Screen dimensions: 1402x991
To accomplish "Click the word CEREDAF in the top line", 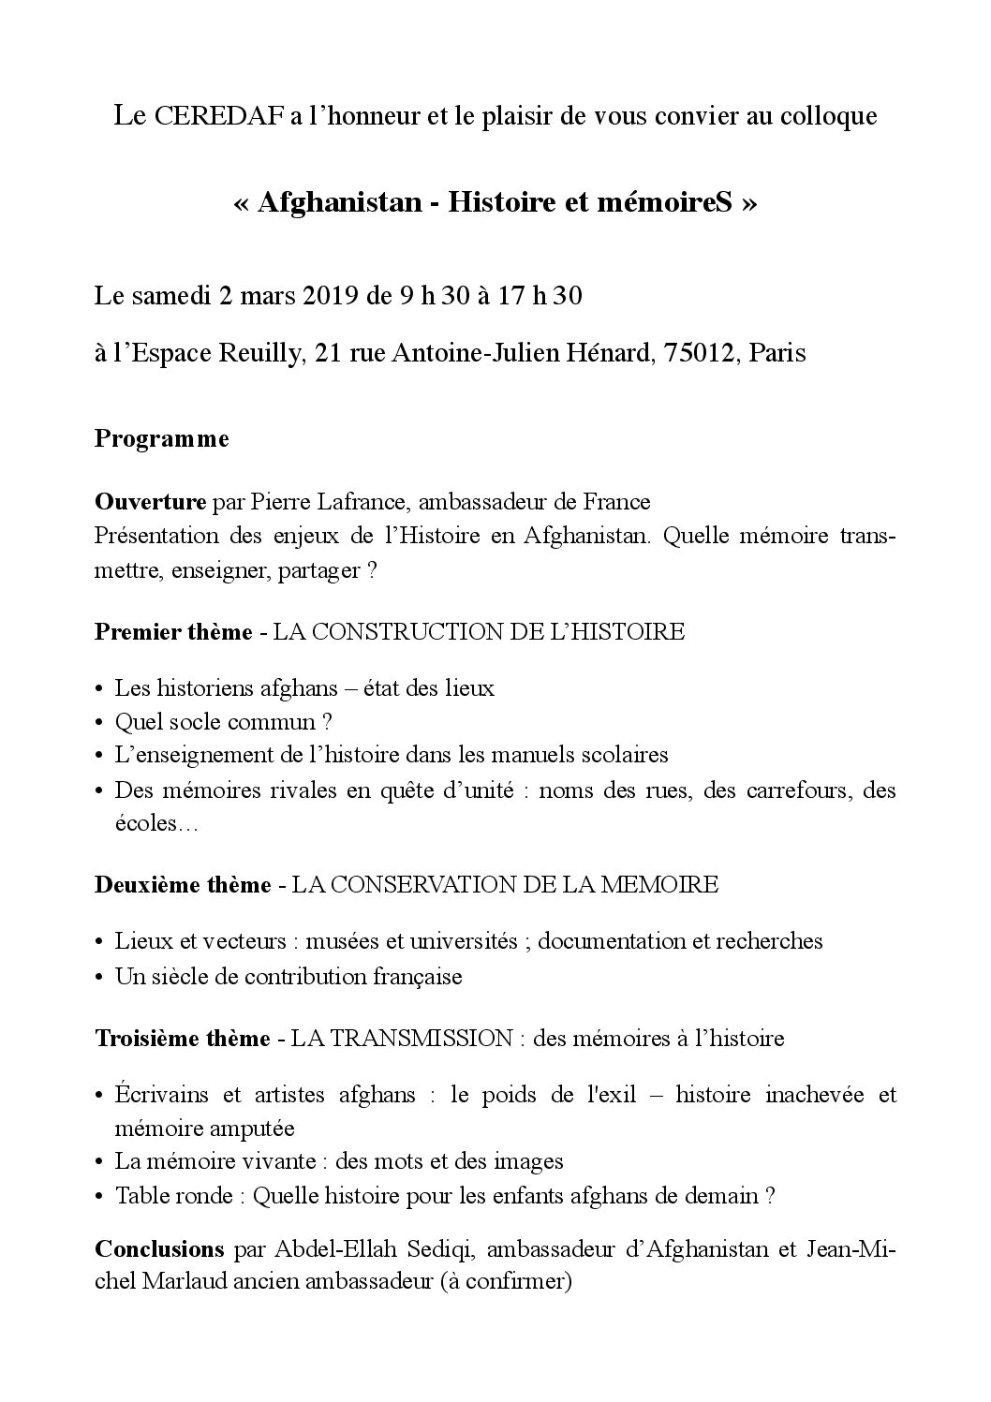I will tap(214, 116).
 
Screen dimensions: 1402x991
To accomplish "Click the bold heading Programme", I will tap(161, 439).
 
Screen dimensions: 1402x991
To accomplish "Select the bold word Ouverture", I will tap(150, 502).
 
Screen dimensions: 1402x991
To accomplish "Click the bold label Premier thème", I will tap(173, 631).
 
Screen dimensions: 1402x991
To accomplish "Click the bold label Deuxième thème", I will tap(183, 884).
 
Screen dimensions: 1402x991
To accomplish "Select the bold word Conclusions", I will tap(159, 1248).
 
